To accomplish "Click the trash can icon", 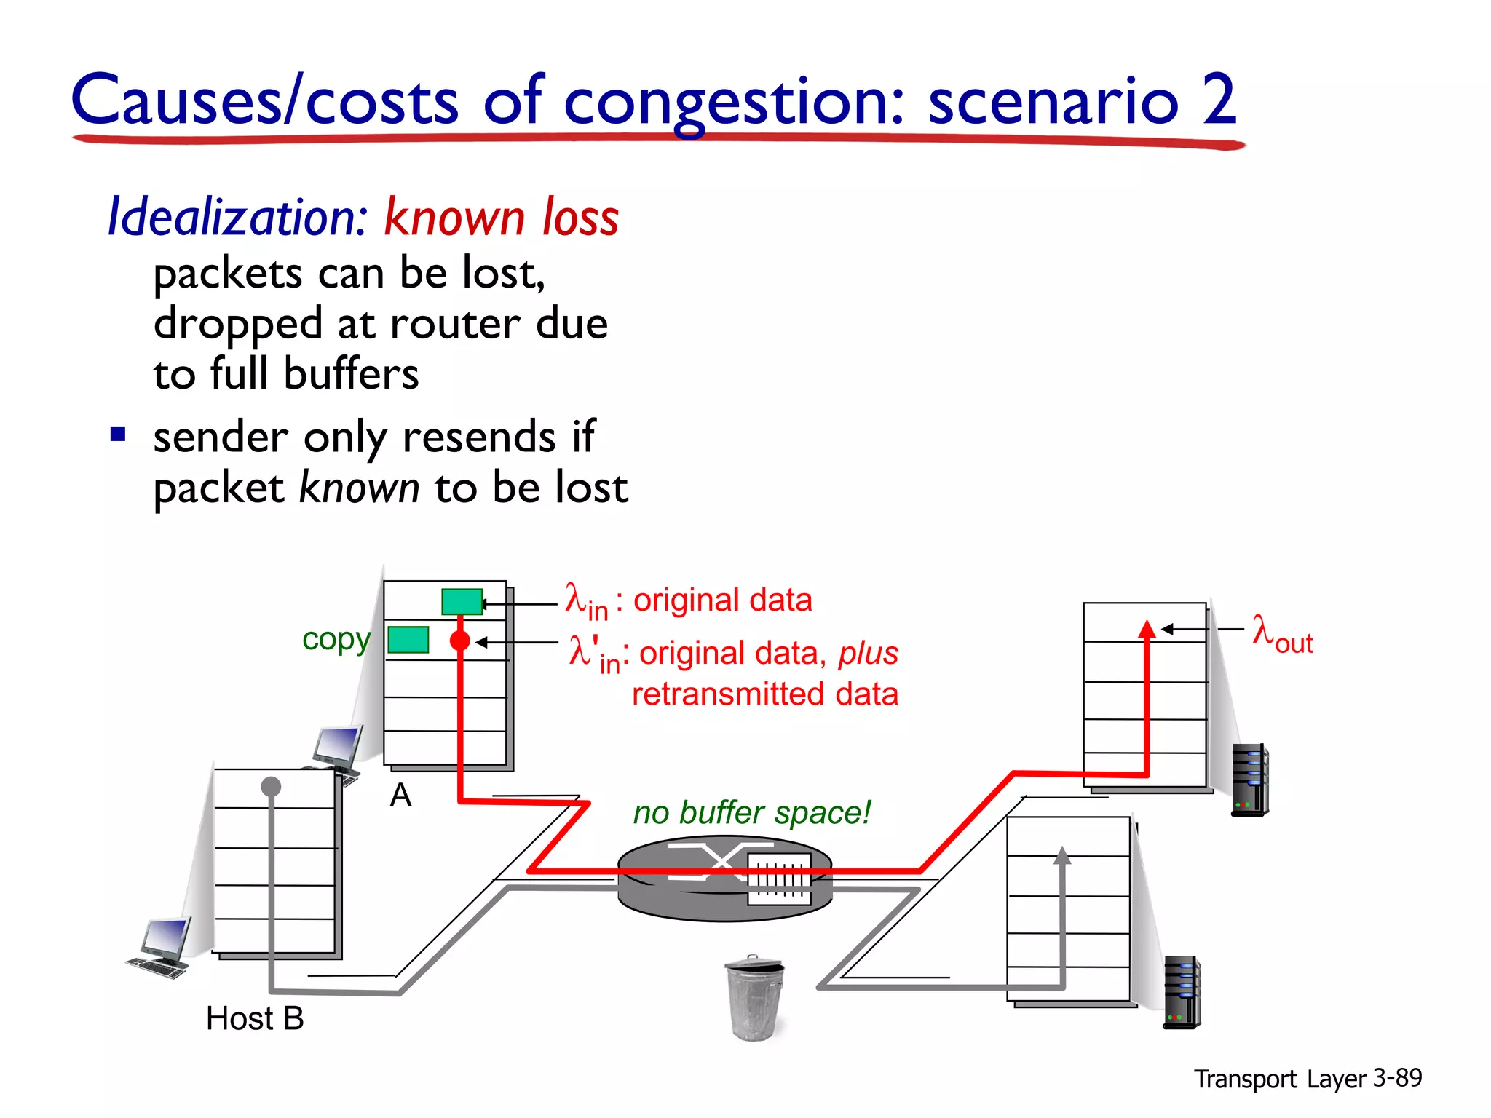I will tap(754, 997).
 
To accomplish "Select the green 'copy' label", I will tap(336, 639).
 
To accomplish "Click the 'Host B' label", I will tap(255, 1018).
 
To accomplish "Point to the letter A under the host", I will tap(400, 795).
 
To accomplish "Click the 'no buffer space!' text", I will tap(751, 812).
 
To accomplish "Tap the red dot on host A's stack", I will tap(460, 641).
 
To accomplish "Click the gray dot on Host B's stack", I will tap(271, 786).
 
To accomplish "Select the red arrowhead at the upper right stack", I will tap(1147, 630).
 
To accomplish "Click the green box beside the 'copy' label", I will tap(408, 639).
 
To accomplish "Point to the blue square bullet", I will tap(118, 435).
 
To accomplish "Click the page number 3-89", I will tap(1397, 1077).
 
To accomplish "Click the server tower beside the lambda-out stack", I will tap(1249, 780).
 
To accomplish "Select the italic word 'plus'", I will tap(868, 653).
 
